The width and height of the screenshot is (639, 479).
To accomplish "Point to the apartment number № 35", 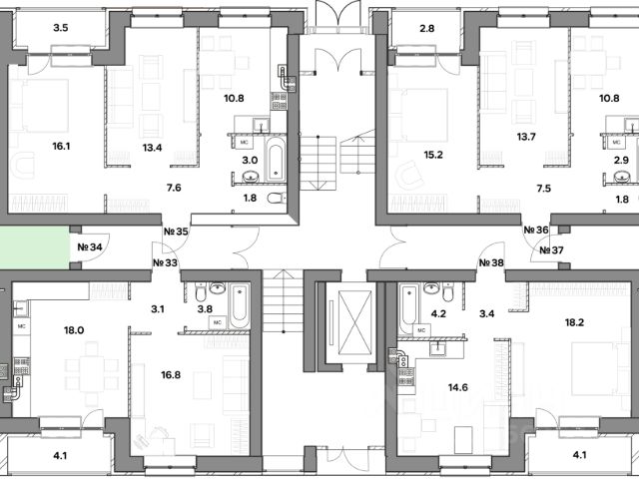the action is (176, 233).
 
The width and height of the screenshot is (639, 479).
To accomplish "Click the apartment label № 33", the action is (165, 263).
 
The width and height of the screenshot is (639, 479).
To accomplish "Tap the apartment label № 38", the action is (490, 263).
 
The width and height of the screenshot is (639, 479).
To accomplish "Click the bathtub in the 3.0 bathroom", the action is (276, 161).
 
